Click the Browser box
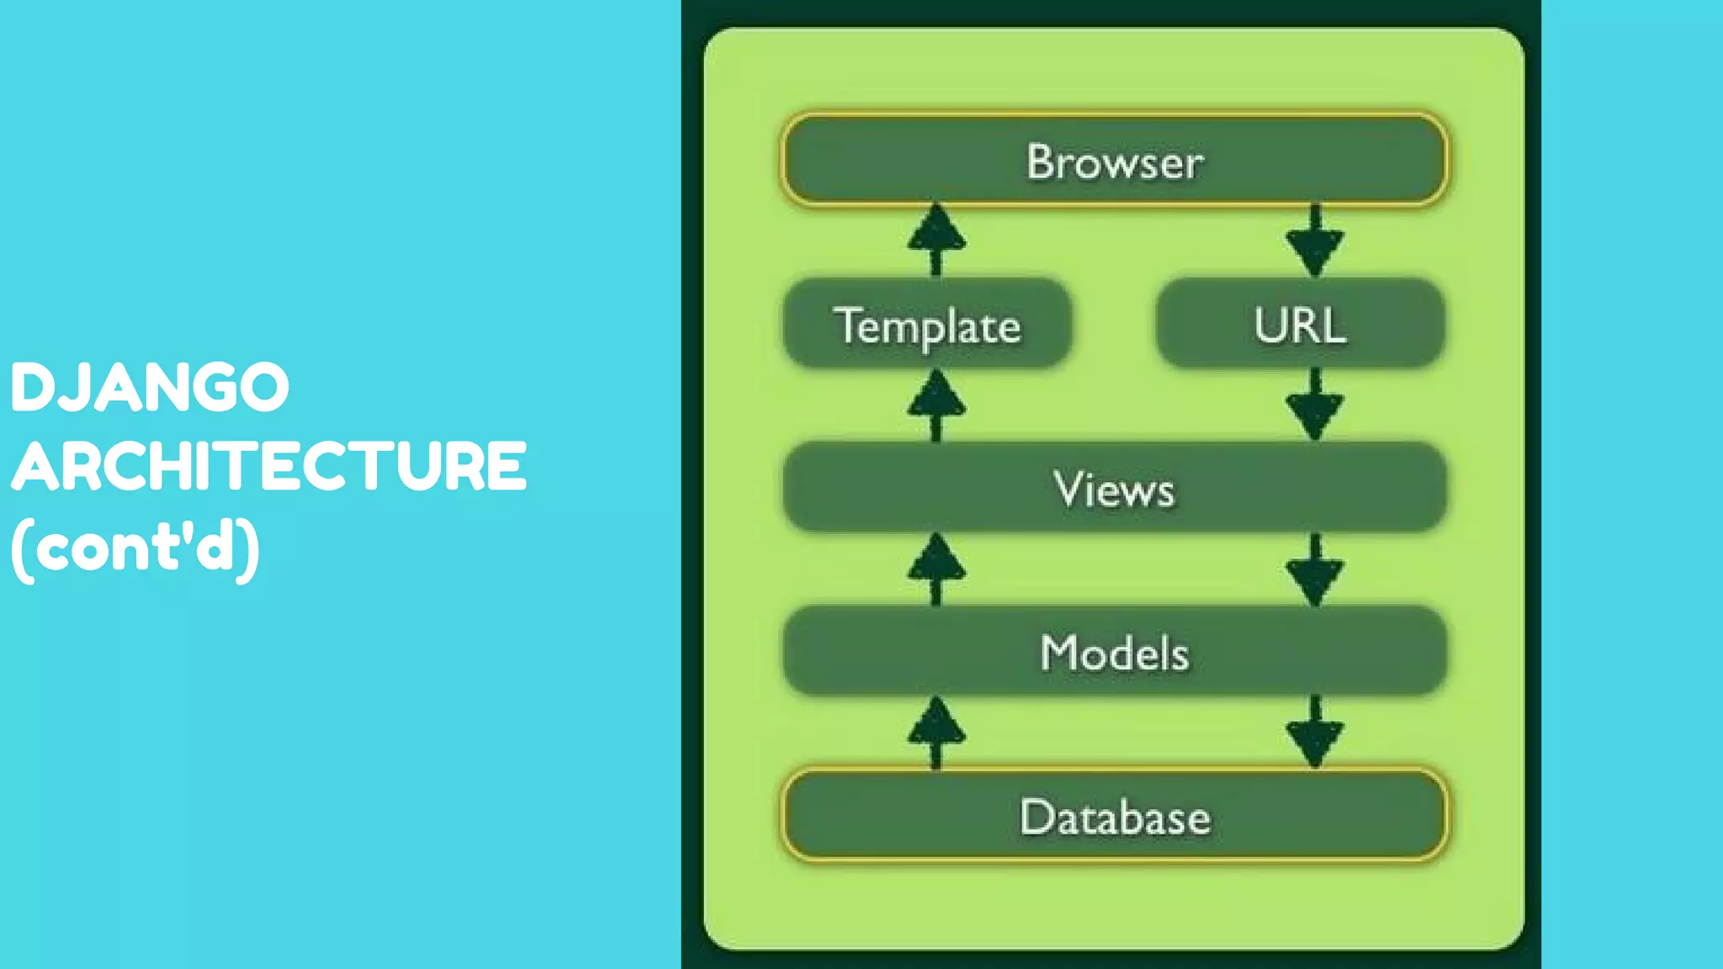pyautogui.click(x=1114, y=159)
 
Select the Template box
pyautogui.click(x=927, y=325)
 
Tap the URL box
pyautogui.click(x=1300, y=325)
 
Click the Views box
pyautogui.click(x=1114, y=488)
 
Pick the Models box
pyautogui.click(x=1114, y=652)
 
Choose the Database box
pyautogui.click(x=1114, y=816)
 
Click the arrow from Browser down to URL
pyautogui.click(x=1314, y=243)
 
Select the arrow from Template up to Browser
pyautogui.click(x=936, y=240)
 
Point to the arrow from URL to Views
pyautogui.click(x=1314, y=406)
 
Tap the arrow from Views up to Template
pyautogui.click(x=936, y=405)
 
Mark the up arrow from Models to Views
pyautogui.click(x=936, y=569)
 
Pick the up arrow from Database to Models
pyautogui.click(x=936, y=733)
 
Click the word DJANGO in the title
pyautogui.click(x=150, y=388)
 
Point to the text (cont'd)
pyautogui.click(x=135, y=548)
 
